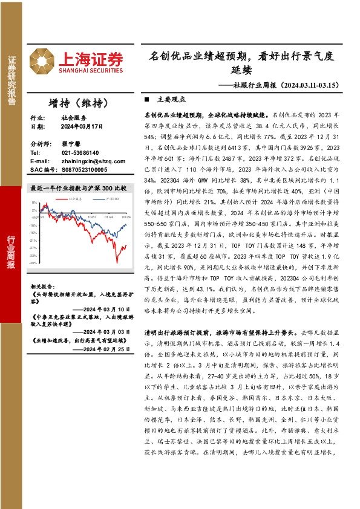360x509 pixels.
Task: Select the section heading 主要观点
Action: pyautogui.click(x=171, y=99)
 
